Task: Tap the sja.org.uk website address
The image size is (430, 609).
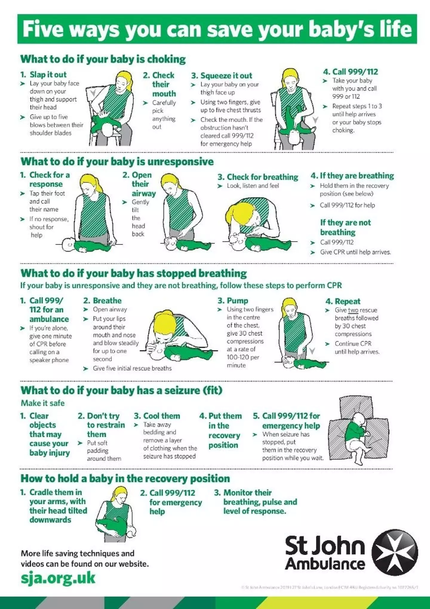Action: (58, 578)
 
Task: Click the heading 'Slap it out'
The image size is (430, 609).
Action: (48, 74)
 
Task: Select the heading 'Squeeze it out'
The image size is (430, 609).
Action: (226, 76)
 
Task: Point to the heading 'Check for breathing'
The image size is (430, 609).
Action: (262, 177)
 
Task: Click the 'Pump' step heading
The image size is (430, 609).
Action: (237, 301)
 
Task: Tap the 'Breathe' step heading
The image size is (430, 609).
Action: (107, 301)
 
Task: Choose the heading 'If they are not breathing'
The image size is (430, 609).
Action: (345, 227)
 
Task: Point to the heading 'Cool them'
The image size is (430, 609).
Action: (161, 416)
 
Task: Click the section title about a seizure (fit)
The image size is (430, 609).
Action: (121, 390)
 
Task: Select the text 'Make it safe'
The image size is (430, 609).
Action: (43, 403)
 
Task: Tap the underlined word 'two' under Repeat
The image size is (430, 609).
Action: (353, 310)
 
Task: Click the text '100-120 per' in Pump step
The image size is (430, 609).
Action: (243, 357)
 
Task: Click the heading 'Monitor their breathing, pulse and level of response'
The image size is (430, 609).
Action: (260, 502)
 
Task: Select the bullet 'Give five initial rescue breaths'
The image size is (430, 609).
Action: (132, 368)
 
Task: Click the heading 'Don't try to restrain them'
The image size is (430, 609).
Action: (105, 425)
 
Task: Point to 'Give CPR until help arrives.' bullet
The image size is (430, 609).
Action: (355, 252)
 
